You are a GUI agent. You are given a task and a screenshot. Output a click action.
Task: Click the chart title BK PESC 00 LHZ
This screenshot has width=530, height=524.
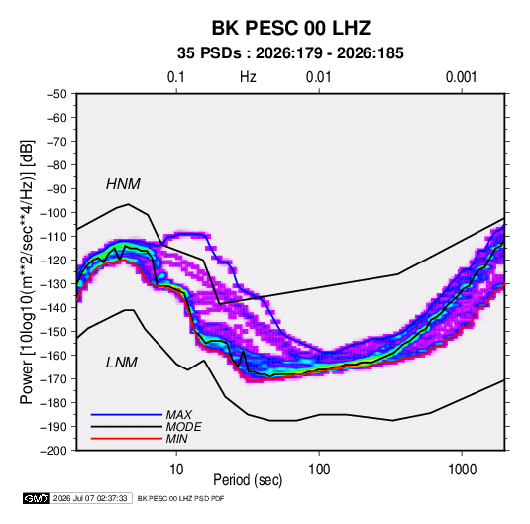290,28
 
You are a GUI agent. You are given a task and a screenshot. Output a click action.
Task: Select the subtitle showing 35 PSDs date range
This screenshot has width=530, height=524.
290,53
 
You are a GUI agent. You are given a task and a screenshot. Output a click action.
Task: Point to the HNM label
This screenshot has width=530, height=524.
123,184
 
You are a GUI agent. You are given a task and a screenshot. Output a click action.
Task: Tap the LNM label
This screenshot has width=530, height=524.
122,363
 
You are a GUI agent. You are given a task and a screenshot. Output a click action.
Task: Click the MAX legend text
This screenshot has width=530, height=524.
178,415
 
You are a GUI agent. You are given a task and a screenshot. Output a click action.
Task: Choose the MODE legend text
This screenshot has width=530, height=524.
184,427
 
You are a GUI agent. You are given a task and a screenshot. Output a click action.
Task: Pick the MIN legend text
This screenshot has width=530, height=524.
176,439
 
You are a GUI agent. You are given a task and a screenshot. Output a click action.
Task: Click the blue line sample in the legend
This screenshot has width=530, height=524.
127,415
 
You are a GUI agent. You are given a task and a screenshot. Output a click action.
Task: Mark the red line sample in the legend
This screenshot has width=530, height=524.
127,439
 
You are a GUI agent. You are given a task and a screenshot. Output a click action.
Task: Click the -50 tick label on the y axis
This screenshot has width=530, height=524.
56,94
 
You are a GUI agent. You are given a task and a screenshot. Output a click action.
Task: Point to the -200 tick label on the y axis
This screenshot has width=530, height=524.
53,451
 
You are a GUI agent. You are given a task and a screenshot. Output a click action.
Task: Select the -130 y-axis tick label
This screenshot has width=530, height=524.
53,284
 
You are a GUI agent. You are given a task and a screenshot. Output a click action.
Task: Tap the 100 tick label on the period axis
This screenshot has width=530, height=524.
319,470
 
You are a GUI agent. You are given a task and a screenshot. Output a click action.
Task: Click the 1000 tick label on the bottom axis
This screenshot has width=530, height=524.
462,470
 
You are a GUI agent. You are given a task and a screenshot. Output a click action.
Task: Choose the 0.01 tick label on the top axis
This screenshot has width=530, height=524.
318,77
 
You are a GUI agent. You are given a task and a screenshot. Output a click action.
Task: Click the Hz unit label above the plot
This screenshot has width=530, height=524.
248,77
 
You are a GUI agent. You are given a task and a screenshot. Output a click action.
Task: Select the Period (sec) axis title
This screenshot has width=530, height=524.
248,480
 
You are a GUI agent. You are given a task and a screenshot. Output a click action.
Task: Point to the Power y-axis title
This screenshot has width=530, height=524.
27,272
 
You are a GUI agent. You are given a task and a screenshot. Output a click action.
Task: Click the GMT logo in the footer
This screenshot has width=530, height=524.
37,498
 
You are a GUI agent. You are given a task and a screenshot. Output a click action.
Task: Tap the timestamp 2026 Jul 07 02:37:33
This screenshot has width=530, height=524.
90,498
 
